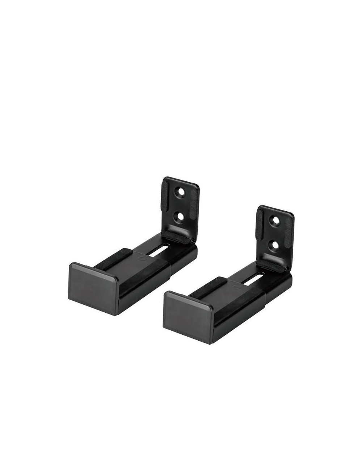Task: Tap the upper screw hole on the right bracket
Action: (x=276, y=220)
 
